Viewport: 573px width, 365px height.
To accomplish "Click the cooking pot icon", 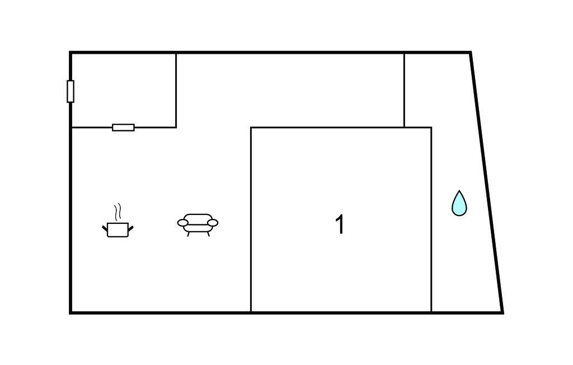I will pyautogui.click(x=118, y=229).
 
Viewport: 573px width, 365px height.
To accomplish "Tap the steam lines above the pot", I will pyautogui.click(x=118, y=212).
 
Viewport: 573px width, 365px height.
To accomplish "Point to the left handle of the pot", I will pyautogui.click(x=105, y=228).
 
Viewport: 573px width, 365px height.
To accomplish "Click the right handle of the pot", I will pyautogui.click(x=131, y=227).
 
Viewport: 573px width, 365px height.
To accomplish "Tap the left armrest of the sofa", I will pyautogui.click(x=183, y=223).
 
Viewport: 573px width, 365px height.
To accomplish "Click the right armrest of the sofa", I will pyautogui.click(x=212, y=223).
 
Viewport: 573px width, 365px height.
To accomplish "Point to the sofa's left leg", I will pyautogui.click(x=189, y=233).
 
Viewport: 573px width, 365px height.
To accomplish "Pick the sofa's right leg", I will pyautogui.click(x=208, y=233).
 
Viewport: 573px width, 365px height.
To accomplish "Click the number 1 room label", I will pyautogui.click(x=340, y=225).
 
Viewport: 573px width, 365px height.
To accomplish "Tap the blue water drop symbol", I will pyautogui.click(x=459, y=203).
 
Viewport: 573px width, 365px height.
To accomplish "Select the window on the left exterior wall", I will pyautogui.click(x=71, y=91).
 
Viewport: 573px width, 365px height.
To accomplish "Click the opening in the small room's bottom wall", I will pyautogui.click(x=123, y=128).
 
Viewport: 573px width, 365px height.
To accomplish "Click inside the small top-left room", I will pyautogui.click(x=123, y=90).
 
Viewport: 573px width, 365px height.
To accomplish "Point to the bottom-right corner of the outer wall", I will pyautogui.click(x=502, y=312).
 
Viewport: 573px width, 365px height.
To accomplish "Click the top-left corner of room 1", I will pyautogui.click(x=251, y=128).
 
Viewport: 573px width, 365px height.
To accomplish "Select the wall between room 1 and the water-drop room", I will pyautogui.click(x=431, y=224).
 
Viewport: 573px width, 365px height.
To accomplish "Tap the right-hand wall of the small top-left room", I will pyautogui.click(x=176, y=90).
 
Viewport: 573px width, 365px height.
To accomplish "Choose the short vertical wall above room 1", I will pyautogui.click(x=404, y=90).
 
